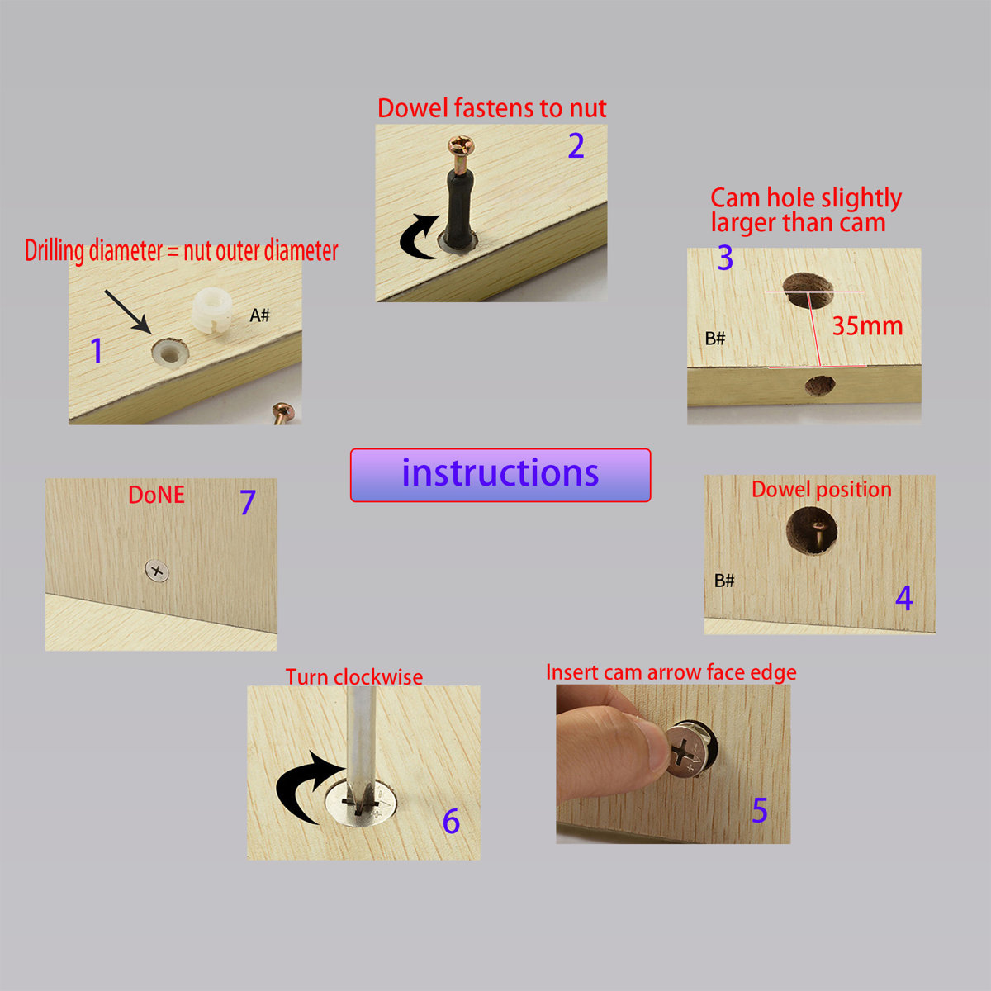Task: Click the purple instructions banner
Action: [x=500, y=475]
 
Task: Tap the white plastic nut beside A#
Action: [x=211, y=311]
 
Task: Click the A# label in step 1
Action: [x=259, y=315]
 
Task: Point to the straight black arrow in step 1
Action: [x=127, y=311]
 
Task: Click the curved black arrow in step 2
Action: [x=415, y=238]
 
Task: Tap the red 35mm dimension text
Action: [x=867, y=326]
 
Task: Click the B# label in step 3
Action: [x=715, y=339]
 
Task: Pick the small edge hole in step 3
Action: [x=820, y=385]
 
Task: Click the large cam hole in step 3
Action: [x=808, y=290]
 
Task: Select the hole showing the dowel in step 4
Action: [x=812, y=531]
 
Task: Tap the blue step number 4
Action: [x=903, y=598]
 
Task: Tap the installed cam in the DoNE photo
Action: [x=157, y=571]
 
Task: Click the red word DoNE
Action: [x=156, y=495]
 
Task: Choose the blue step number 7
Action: [x=248, y=502]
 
